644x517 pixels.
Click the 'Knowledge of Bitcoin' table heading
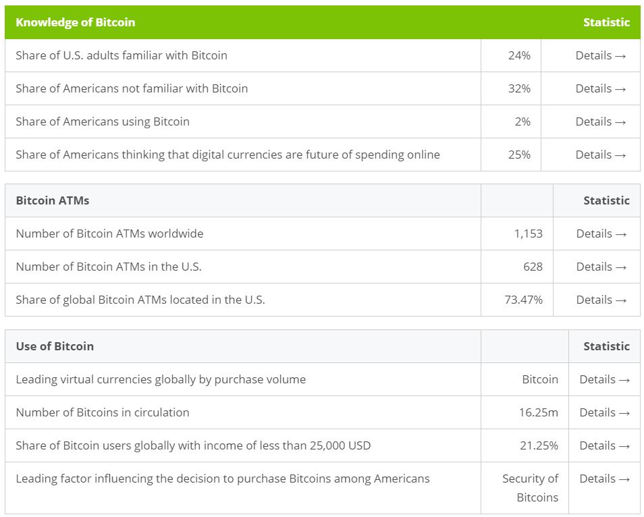(75, 22)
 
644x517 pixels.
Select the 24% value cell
(519, 55)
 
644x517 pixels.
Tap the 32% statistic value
(519, 88)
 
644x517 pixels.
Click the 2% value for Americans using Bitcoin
(522, 121)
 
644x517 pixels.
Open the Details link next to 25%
(600, 155)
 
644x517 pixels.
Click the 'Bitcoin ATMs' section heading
(53, 200)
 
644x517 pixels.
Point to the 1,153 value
(528, 234)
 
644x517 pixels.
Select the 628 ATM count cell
(533, 267)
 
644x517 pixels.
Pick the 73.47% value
(523, 300)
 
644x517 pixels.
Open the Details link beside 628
(601, 267)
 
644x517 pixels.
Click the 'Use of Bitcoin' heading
(55, 346)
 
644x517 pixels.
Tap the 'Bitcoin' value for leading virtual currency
(540, 379)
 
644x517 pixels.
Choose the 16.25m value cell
(538, 412)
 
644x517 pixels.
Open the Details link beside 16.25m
(604, 412)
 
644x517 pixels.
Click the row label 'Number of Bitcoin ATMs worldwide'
(109, 234)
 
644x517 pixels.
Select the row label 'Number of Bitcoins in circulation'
(103, 412)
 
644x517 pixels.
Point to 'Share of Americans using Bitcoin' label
(103, 121)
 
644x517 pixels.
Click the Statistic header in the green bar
(606, 22)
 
